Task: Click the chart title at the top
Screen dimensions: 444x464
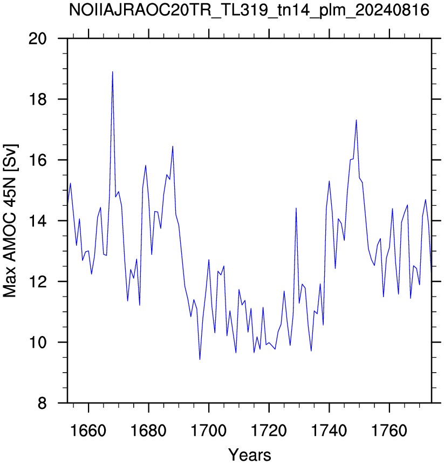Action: pos(249,10)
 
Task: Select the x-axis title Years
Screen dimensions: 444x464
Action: pos(249,454)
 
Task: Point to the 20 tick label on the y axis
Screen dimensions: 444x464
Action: pos(38,38)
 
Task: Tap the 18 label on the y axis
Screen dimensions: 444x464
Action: pos(38,99)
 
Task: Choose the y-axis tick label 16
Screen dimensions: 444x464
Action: pos(38,160)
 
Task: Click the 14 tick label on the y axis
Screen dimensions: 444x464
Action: pos(38,221)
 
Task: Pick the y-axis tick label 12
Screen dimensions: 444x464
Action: pos(38,281)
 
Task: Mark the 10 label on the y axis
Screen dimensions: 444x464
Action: pos(38,342)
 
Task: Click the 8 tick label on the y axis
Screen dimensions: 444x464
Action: pos(42,403)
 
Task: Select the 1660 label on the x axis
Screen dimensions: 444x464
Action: pos(88,431)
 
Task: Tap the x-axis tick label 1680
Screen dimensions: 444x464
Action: pos(148,431)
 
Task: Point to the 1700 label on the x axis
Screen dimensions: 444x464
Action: pos(209,431)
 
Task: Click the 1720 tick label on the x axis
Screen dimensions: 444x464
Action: pos(269,431)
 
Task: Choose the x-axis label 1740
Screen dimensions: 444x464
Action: pos(329,431)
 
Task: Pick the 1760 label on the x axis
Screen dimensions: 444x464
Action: pos(390,431)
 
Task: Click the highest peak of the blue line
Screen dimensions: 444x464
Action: pos(112,72)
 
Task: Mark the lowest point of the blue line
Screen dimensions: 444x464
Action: pos(200,359)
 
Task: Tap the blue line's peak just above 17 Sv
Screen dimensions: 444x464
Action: pos(356,120)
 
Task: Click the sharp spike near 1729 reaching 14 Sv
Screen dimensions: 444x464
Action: pos(296,208)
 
